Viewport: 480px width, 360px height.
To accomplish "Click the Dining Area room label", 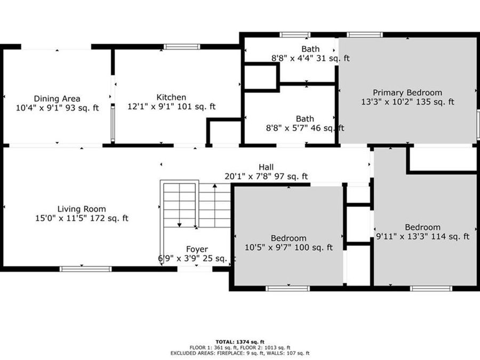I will [x=57, y=98].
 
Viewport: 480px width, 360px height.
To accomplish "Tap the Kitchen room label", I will [x=171, y=97].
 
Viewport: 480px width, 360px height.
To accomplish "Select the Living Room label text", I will [x=82, y=209].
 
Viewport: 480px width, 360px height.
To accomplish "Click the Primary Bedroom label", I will [x=407, y=92].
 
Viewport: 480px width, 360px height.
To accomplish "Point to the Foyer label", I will [x=197, y=249].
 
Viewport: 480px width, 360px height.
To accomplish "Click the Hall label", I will [x=266, y=167].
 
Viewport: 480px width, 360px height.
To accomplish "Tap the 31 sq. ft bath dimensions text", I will [x=310, y=59].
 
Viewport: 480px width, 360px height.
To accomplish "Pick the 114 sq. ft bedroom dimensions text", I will [x=422, y=237].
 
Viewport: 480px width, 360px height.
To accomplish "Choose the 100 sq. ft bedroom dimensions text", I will [x=289, y=247].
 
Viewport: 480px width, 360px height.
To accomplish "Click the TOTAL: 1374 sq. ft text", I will [x=240, y=341].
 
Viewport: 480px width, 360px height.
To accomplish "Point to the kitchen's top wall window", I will [x=182, y=47].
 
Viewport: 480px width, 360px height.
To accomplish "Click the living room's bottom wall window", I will [x=86, y=269].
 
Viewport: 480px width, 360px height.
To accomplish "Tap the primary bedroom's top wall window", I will [x=365, y=35].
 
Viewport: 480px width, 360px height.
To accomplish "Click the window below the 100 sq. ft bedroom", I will [x=284, y=289].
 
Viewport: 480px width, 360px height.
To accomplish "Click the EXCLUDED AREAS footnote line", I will [x=240, y=353].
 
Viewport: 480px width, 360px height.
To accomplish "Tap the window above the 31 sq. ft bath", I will [x=295, y=35].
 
